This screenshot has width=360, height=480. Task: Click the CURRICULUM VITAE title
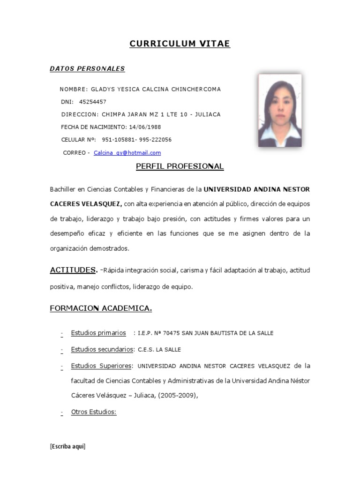(x=180, y=44)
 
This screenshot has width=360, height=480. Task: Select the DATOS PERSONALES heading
(x=87, y=69)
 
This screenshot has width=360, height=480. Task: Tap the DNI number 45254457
(x=93, y=102)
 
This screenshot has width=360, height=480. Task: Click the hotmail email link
(x=127, y=153)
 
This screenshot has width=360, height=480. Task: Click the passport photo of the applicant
(x=280, y=110)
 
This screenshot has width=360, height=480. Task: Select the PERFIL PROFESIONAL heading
(x=180, y=166)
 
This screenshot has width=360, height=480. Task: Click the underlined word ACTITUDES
(x=73, y=270)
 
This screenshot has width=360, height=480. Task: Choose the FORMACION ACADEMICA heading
(x=101, y=308)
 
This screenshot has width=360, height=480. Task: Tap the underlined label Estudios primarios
(x=98, y=333)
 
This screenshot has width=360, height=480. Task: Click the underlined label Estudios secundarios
(x=102, y=349)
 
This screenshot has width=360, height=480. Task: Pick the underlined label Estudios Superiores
(x=102, y=366)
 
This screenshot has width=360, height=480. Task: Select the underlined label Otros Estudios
(x=93, y=412)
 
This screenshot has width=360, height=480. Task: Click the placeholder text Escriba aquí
(x=67, y=446)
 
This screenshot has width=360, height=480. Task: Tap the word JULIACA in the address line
(x=207, y=114)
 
